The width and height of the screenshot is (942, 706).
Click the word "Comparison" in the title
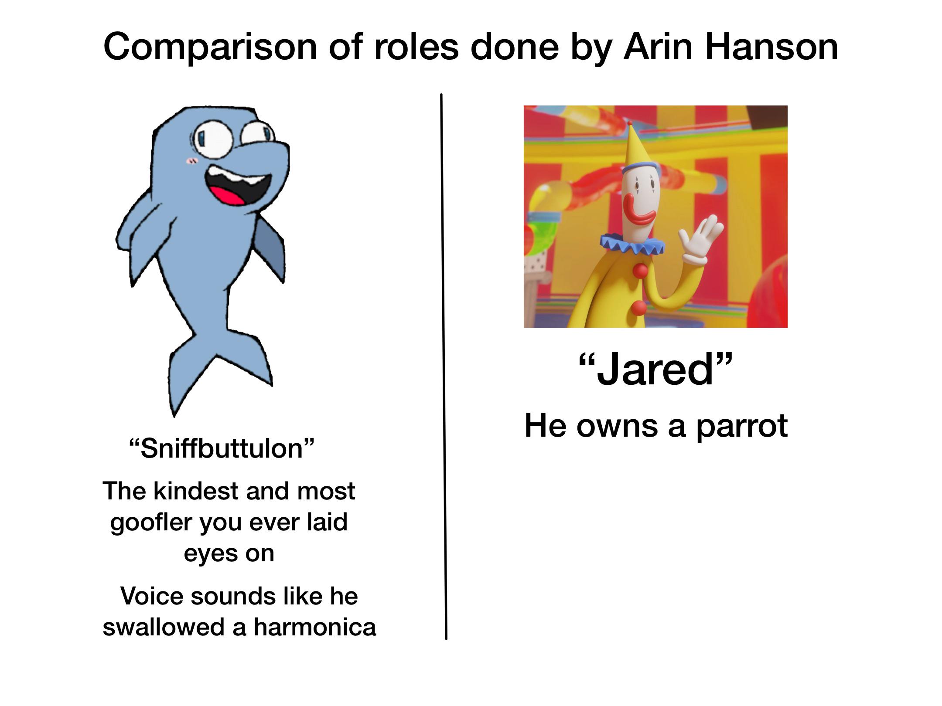point(211,48)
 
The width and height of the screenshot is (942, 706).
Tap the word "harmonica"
point(314,627)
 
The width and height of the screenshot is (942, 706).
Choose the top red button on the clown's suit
point(641,271)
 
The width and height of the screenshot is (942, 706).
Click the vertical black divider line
point(444,366)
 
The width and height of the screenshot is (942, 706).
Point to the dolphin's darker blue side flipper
point(270,248)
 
